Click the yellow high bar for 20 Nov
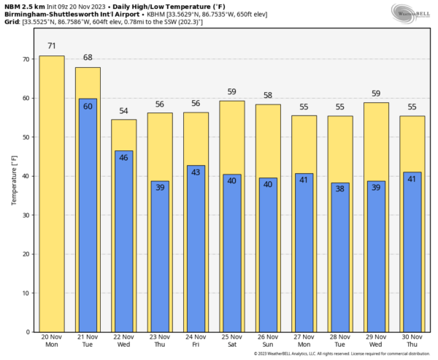pos(51,194)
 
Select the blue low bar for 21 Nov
pos(88,215)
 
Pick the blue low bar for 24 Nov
pos(196,248)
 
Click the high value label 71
pos(51,46)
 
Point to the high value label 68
pos(88,58)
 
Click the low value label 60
pos(88,107)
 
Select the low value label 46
pos(123,158)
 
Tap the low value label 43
pos(196,172)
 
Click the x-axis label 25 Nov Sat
pos(231,340)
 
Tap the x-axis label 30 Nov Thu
pos(412,340)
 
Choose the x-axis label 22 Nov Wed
pos(123,340)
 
